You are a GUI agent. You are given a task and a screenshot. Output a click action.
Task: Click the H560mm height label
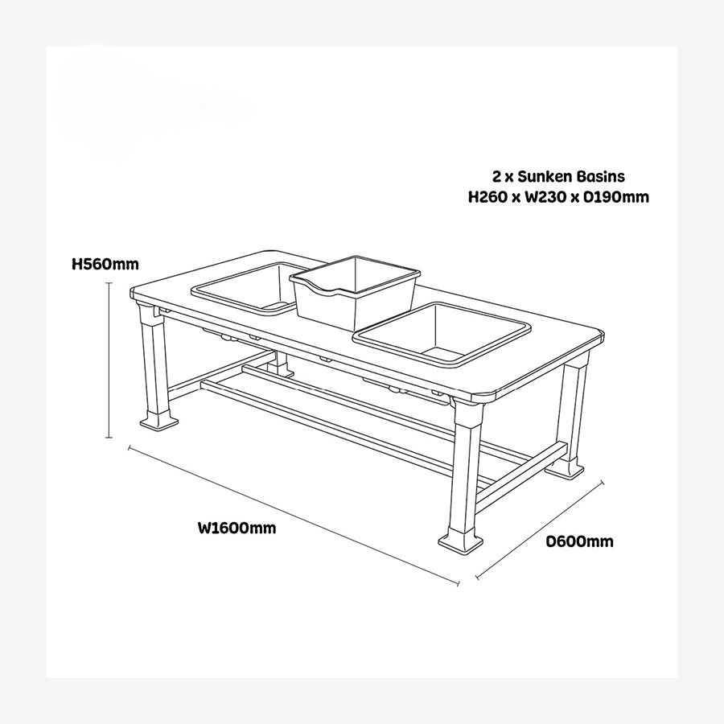[105, 263]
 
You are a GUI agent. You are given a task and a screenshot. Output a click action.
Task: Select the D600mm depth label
[579, 541]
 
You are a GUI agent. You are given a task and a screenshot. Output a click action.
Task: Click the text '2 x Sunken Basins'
[558, 175]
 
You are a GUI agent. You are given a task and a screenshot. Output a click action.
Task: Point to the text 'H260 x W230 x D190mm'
[558, 197]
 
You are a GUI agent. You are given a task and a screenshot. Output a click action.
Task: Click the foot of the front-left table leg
[157, 420]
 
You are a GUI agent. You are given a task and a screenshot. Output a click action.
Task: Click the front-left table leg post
[155, 362]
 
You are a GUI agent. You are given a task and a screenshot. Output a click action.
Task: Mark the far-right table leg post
[574, 410]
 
